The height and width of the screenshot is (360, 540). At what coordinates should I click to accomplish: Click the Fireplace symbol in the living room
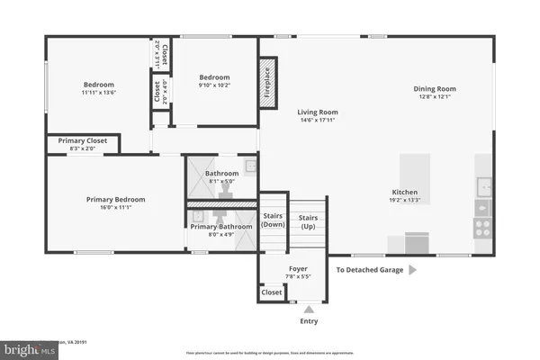(267, 84)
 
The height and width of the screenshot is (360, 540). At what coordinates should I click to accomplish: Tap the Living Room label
(318, 112)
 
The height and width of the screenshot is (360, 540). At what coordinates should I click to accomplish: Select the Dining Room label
(435, 88)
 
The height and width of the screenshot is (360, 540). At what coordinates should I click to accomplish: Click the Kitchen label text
(405, 192)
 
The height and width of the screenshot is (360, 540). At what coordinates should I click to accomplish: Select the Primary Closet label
(83, 140)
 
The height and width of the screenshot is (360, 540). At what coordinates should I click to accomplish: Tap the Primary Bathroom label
(220, 226)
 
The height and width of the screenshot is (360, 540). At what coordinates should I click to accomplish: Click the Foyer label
(298, 268)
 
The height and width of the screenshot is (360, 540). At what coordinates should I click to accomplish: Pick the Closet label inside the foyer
(271, 292)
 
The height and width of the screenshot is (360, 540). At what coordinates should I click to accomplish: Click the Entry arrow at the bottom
(308, 309)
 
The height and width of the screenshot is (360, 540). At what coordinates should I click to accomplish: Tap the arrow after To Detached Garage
(412, 269)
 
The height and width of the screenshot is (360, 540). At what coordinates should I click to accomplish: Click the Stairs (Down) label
(273, 221)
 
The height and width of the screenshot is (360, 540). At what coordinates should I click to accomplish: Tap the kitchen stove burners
(483, 226)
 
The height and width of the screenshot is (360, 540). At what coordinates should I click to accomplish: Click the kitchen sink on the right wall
(484, 186)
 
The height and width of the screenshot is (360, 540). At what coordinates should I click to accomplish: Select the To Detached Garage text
(368, 269)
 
